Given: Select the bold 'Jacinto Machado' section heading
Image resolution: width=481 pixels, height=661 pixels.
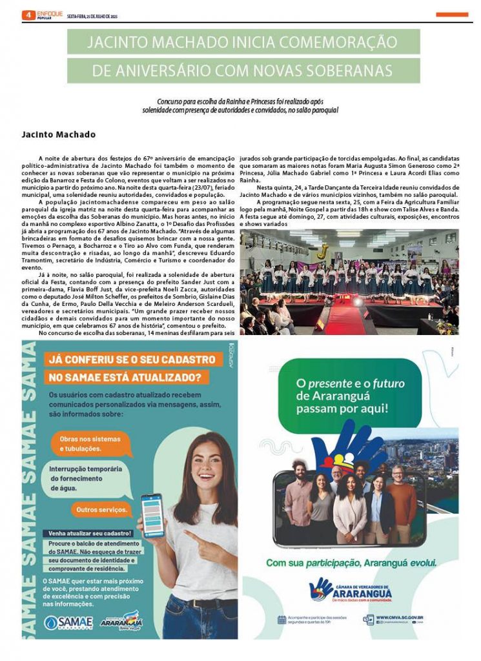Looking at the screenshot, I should pos(58,135).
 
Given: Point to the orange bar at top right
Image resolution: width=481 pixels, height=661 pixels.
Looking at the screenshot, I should pos(452,14).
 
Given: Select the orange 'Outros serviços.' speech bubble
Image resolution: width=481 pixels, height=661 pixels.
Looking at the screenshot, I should pos(101,509).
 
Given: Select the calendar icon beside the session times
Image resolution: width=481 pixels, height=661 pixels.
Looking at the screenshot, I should pos(282,620).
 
